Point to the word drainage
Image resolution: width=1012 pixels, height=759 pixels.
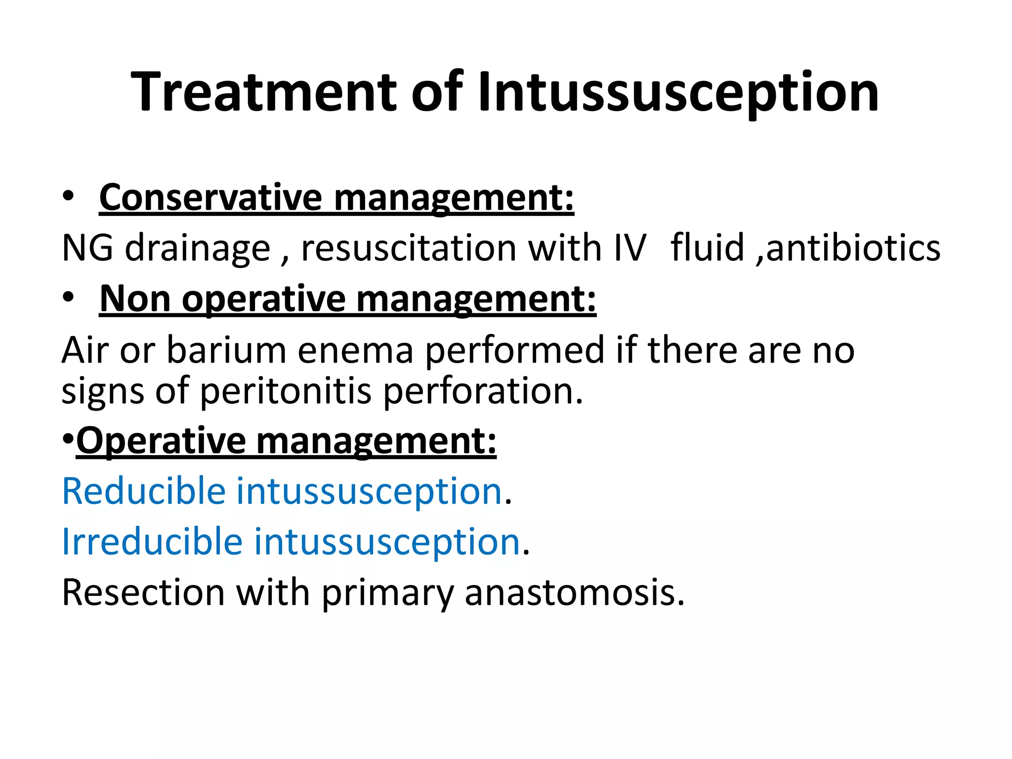(198, 249)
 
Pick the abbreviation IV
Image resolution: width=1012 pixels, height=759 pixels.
(630, 248)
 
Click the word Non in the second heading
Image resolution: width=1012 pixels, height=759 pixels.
(135, 299)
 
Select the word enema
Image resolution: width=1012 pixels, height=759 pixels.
(355, 350)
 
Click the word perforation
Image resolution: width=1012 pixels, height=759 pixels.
(483, 391)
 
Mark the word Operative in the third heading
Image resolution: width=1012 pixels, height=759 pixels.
(161, 441)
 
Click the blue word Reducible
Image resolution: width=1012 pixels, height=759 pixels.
(144, 491)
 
